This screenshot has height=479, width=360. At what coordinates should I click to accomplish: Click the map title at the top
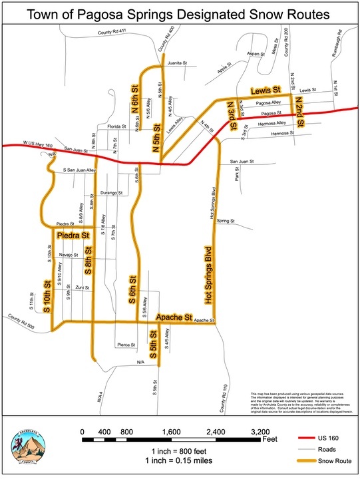click(x=180, y=15)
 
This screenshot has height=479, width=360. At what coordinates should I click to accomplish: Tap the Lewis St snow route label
click(x=266, y=89)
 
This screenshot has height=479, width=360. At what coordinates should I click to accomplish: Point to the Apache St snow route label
click(x=174, y=318)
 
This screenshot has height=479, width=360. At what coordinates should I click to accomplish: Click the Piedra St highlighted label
click(x=73, y=236)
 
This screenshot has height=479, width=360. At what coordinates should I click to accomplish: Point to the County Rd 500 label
click(x=21, y=321)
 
